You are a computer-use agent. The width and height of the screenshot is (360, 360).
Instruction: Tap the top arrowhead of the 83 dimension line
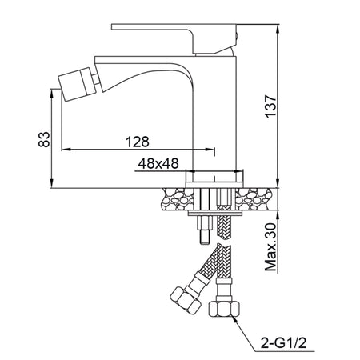53,86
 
